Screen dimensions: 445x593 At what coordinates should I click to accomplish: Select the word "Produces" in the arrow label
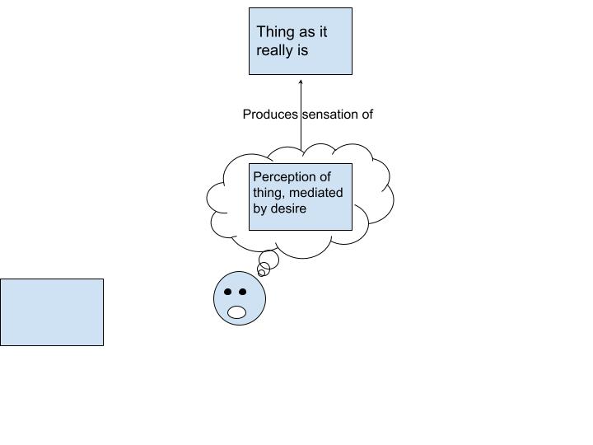[270, 115]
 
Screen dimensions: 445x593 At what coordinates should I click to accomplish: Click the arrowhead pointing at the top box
[301, 82]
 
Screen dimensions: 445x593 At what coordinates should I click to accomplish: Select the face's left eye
[228, 292]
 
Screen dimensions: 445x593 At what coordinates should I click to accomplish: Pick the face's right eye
[242, 292]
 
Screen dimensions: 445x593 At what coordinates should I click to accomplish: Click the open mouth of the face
[237, 311]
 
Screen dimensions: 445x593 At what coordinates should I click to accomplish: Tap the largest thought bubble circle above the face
[268, 260]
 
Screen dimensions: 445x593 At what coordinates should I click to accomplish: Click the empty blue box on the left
[51, 311]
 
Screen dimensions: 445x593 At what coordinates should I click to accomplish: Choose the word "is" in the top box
[302, 50]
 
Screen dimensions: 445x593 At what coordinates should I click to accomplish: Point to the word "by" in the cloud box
[260, 208]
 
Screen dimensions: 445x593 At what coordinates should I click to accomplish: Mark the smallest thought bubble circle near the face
[261, 273]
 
